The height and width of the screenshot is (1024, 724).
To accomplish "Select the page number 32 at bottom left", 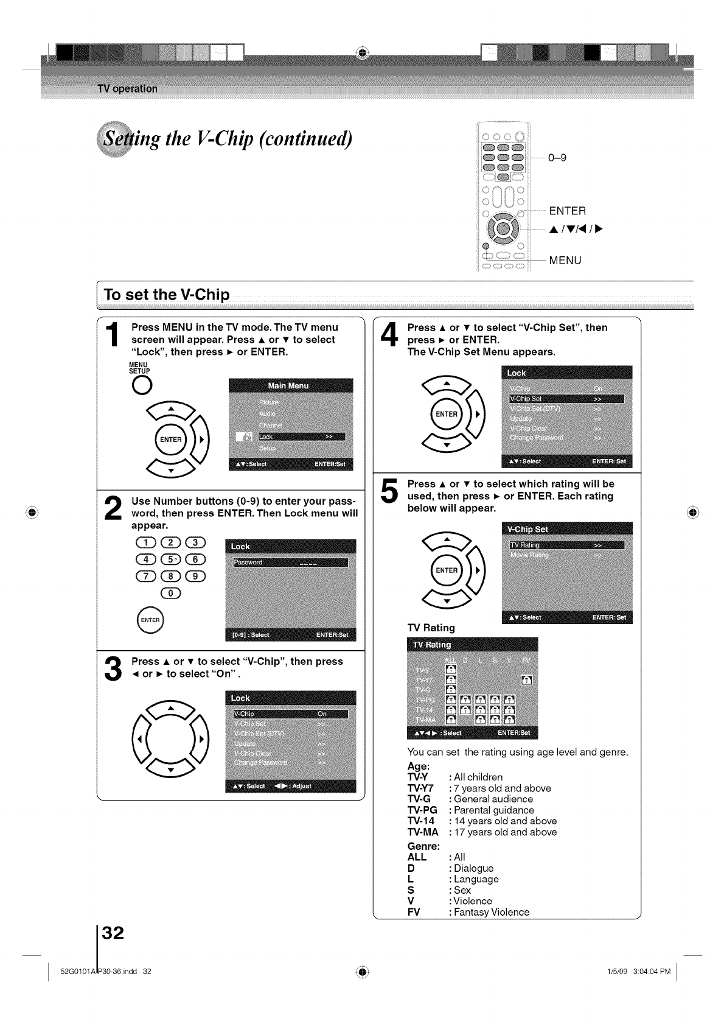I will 113,933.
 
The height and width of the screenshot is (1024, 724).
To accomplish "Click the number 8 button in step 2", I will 172,577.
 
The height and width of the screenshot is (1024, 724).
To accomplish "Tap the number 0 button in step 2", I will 171,593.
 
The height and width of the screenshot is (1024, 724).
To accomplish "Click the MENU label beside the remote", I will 565,261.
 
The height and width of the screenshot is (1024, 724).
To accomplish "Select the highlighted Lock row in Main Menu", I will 301,437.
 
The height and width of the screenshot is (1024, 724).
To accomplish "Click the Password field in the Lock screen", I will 290,562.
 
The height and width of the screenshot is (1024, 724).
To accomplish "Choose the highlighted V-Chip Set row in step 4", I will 566,399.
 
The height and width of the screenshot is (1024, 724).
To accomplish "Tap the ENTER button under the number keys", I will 150,620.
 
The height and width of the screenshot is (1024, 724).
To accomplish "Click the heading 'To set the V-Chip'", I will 167,295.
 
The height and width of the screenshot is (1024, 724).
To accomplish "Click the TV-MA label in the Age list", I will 422,832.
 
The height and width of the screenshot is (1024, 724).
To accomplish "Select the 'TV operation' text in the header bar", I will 127,89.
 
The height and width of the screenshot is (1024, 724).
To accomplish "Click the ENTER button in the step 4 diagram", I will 447,414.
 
